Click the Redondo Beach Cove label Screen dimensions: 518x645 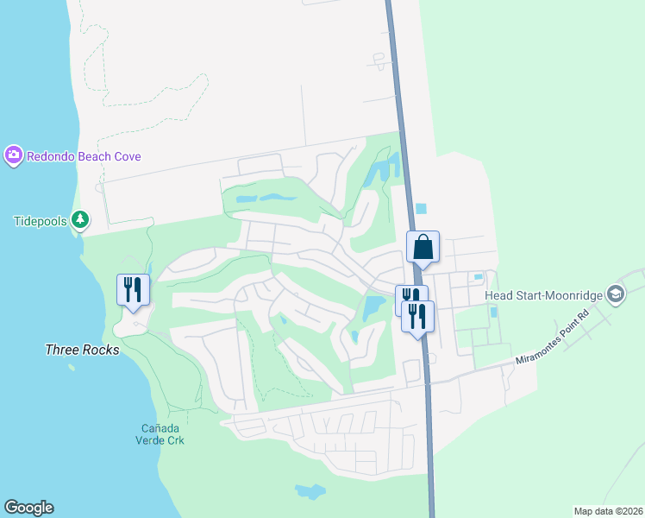point(84,156)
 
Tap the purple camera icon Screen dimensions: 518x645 point(13,155)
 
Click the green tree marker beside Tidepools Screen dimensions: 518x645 point(79,220)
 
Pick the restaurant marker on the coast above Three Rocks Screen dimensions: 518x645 point(133,289)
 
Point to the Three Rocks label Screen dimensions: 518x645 point(81,350)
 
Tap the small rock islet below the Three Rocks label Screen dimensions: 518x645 point(71,369)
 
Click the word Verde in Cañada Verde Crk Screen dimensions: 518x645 point(163,439)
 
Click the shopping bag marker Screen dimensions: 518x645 point(423,247)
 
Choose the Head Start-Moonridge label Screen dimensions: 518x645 point(543,295)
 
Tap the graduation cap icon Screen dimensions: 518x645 point(615,295)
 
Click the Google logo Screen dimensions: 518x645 point(28,508)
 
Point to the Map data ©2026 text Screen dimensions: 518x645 point(607,511)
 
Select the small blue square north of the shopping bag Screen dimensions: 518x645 point(420,208)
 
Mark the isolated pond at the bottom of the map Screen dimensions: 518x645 point(310,492)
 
